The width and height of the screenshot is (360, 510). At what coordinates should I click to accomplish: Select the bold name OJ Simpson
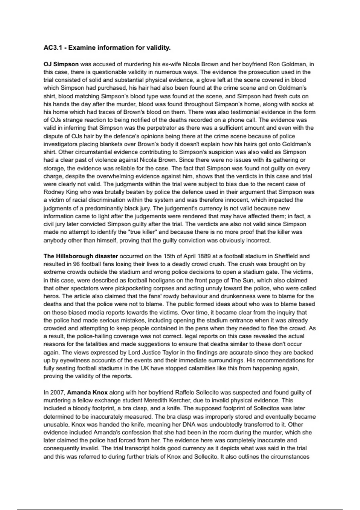coord(61,64)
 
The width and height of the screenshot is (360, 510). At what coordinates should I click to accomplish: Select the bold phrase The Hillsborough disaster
coord(81,256)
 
